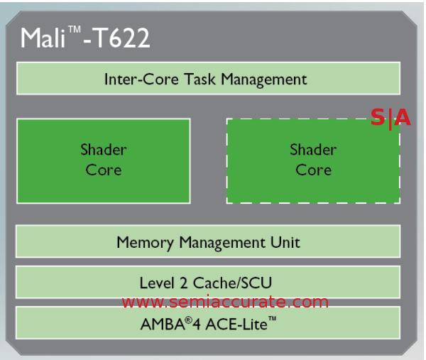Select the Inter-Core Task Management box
[x=207, y=78]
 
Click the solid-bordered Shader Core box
[x=104, y=160]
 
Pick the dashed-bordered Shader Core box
[x=313, y=160]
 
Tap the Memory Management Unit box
[x=207, y=241]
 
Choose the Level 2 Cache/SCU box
[x=207, y=282]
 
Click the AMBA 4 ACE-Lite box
[x=207, y=323]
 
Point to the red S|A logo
[x=390, y=118]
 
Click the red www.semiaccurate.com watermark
[x=225, y=302]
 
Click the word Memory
[x=145, y=242]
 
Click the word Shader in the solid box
[x=104, y=150]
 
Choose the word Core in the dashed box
[x=313, y=170]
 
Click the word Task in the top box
[x=202, y=79]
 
